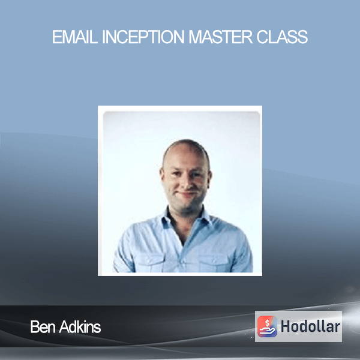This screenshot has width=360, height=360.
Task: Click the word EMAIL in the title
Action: [75, 37]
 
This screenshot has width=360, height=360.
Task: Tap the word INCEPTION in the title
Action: [143, 37]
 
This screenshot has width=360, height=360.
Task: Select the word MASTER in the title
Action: [220, 37]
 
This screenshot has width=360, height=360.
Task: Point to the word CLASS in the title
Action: [282, 37]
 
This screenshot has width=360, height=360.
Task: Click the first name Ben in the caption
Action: [43, 327]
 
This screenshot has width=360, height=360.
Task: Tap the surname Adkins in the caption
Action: [80, 327]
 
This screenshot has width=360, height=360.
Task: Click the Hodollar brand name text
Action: [310, 326]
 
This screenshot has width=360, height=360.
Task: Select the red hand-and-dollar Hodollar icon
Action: [267, 326]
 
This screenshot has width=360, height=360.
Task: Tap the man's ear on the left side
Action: [162, 176]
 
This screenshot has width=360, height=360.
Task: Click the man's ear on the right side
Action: [210, 177]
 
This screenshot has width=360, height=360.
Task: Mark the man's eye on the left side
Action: [176, 174]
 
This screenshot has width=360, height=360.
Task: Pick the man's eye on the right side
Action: [196, 174]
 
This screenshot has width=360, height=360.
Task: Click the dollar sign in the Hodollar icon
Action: [267, 323]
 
